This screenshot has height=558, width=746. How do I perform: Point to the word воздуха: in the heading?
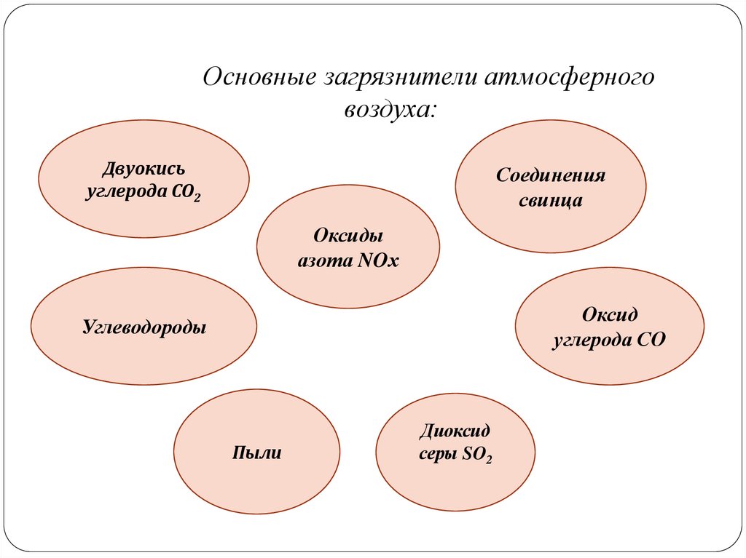[390, 111]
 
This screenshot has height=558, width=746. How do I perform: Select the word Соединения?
[551, 176]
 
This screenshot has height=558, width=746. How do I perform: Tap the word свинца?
[551, 201]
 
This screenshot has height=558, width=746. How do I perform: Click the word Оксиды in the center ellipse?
[348, 236]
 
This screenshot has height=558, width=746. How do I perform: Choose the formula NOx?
[379, 260]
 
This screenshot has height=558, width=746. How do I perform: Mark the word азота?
[323, 260]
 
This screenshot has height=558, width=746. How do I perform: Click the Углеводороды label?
[144, 327]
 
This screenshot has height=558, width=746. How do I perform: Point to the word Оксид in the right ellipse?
[610, 314]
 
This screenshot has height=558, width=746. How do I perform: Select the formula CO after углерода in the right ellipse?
[653, 340]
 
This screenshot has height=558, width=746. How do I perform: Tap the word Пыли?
[256, 453]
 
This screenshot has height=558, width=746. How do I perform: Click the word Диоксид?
[455, 431]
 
